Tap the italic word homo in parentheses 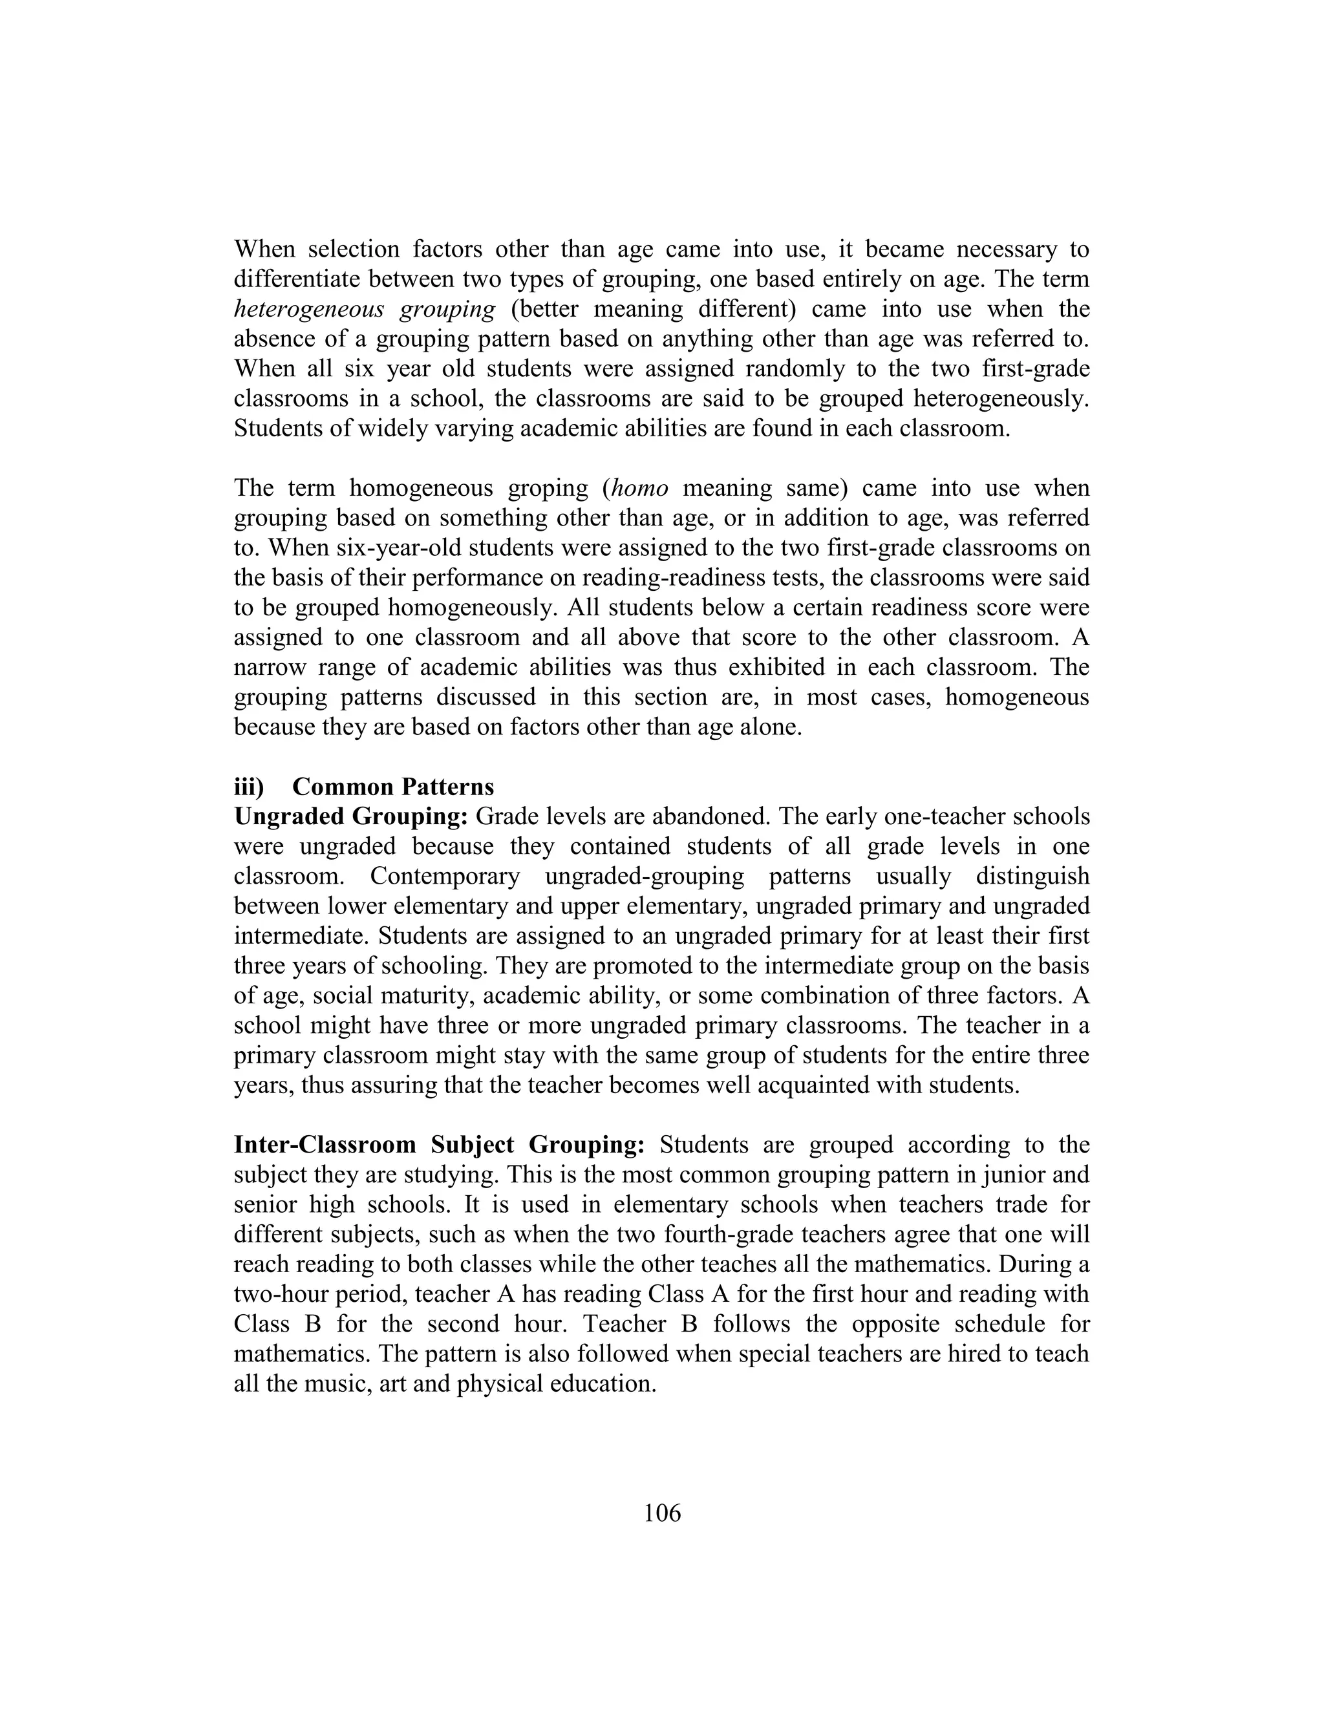coord(639,489)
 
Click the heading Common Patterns coord(393,787)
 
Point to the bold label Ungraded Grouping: coord(350,816)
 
